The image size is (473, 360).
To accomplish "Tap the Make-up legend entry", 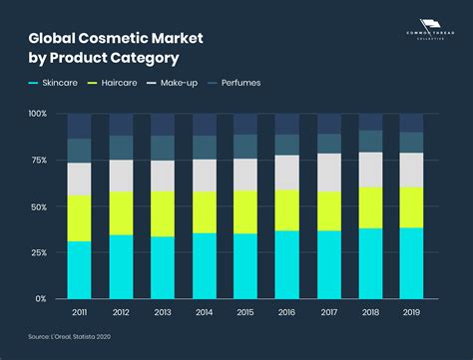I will (177, 82).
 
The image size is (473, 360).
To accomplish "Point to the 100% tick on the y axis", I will (37, 114).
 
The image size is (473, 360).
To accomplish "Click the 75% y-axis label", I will (38, 160).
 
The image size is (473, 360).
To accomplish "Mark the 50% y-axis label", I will (38, 205).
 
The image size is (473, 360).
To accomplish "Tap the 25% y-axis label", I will (38, 252).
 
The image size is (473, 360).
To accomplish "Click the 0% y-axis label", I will (40, 298).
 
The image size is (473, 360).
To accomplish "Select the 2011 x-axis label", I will (79, 312).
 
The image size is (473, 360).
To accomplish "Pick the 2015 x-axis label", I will (245, 312).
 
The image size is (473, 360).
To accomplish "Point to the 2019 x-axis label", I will (411, 312).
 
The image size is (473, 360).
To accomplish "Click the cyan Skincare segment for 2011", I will (79, 269).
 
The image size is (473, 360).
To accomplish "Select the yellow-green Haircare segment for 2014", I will (204, 212).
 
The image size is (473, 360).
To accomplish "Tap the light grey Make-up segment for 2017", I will (328, 172).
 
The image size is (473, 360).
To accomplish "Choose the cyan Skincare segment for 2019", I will (411, 262).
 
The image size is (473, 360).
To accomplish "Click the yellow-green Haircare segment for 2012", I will (121, 213).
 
